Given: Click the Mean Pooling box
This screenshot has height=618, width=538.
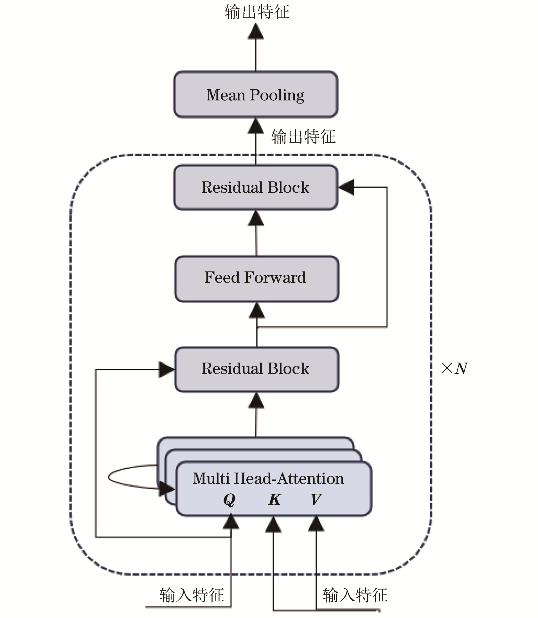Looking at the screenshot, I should (255, 95).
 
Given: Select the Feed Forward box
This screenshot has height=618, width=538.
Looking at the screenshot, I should (257, 279).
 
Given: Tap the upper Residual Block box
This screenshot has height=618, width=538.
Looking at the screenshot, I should (255, 187).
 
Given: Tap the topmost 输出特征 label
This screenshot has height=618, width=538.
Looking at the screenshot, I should (257, 12).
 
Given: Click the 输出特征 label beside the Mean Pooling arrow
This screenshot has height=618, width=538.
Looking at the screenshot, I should (303, 137).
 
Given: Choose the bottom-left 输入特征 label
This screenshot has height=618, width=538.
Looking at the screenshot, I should (192, 595).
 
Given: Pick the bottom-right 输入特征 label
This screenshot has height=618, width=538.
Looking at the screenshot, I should (355, 595).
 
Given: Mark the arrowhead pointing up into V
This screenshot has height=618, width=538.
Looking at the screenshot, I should (316, 524).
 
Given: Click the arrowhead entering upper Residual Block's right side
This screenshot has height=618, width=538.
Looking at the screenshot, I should (347, 187).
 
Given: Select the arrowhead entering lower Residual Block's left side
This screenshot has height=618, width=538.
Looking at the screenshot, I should (166, 370).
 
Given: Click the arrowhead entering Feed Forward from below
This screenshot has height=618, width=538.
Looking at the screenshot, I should (257, 311).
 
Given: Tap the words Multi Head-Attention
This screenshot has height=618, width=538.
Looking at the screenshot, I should (268, 479).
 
